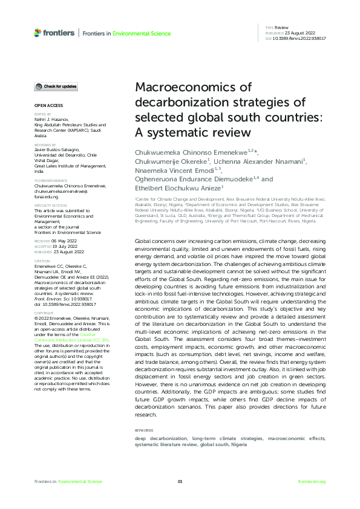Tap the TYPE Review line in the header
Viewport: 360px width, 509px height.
tap(277, 28)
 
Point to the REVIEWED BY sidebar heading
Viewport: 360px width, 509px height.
tap(45, 145)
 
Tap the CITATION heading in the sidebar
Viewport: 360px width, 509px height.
tap(42, 261)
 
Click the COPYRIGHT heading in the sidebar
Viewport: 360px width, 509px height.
tap(44, 313)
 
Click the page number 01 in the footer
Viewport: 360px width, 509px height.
tap(180, 481)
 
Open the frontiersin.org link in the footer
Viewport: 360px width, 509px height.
tap(312, 481)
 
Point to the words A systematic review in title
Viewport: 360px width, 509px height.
tap(188, 131)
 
